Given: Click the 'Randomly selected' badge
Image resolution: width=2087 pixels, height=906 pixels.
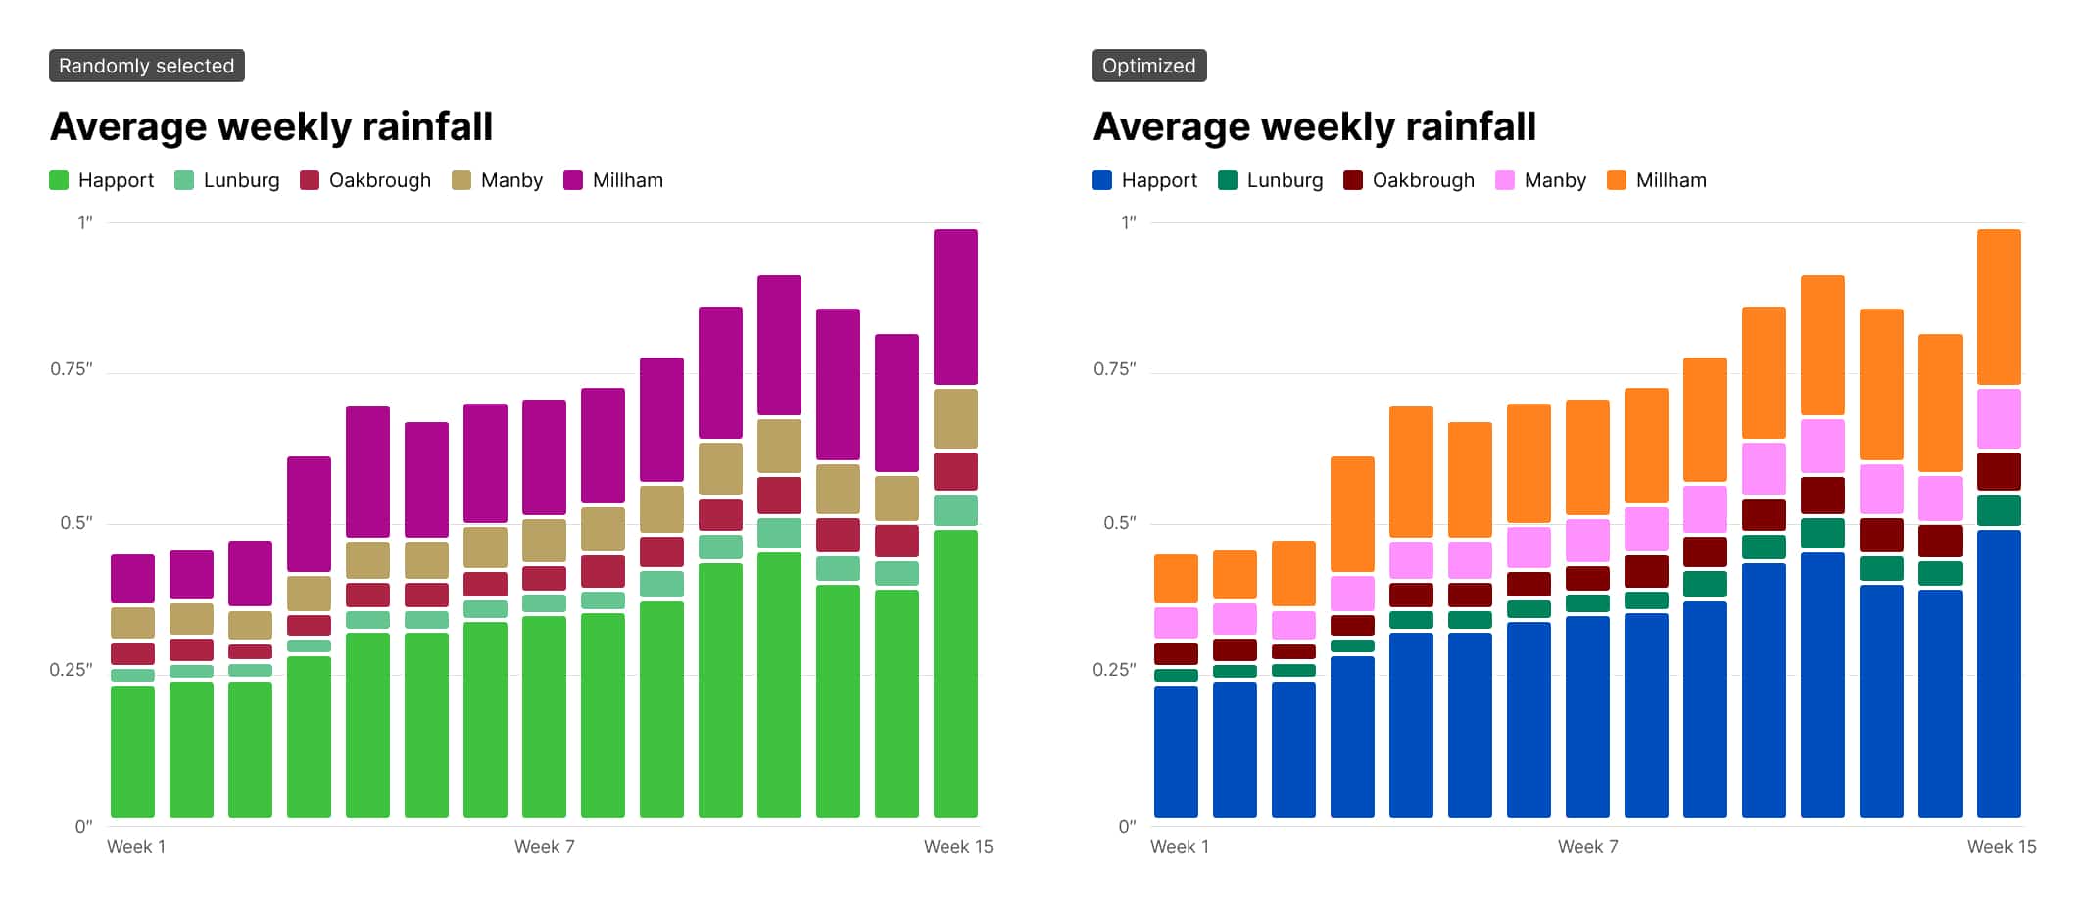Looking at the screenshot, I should (x=147, y=66).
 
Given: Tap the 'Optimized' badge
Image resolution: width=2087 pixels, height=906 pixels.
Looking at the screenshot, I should (x=1149, y=66).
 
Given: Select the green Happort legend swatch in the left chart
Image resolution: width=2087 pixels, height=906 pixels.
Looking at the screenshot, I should (x=59, y=180).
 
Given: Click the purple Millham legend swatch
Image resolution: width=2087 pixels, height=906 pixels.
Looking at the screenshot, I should (x=573, y=180).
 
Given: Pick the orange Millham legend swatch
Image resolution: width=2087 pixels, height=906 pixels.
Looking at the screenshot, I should (x=1617, y=180).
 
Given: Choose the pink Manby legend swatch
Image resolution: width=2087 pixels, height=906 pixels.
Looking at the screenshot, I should (x=1505, y=180).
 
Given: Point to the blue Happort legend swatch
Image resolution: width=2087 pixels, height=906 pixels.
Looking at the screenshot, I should (x=1102, y=180).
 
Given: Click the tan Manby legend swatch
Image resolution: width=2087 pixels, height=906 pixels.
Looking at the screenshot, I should (x=461, y=180).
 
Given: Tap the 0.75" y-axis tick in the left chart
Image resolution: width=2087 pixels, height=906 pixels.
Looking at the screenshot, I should (x=72, y=369).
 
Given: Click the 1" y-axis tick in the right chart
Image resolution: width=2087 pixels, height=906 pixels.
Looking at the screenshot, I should (x=1129, y=222).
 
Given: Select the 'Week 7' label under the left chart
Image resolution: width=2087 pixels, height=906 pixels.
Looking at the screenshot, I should (x=545, y=847).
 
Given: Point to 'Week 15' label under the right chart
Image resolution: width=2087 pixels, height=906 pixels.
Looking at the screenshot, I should (x=2002, y=847).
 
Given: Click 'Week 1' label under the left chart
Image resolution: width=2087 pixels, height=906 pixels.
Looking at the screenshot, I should (x=136, y=847).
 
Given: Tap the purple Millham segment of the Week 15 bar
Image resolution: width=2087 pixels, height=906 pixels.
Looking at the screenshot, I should (x=955, y=307).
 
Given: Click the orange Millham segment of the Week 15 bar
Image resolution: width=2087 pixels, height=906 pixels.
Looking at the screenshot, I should (x=1999, y=307).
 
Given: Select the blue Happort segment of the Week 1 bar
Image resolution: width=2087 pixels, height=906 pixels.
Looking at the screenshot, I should (x=1176, y=751).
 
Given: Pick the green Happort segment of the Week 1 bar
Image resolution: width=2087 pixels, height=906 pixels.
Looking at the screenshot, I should (x=132, y=751).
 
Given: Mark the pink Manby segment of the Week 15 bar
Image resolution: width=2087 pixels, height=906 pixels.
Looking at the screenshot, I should (x=1999, y=418).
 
